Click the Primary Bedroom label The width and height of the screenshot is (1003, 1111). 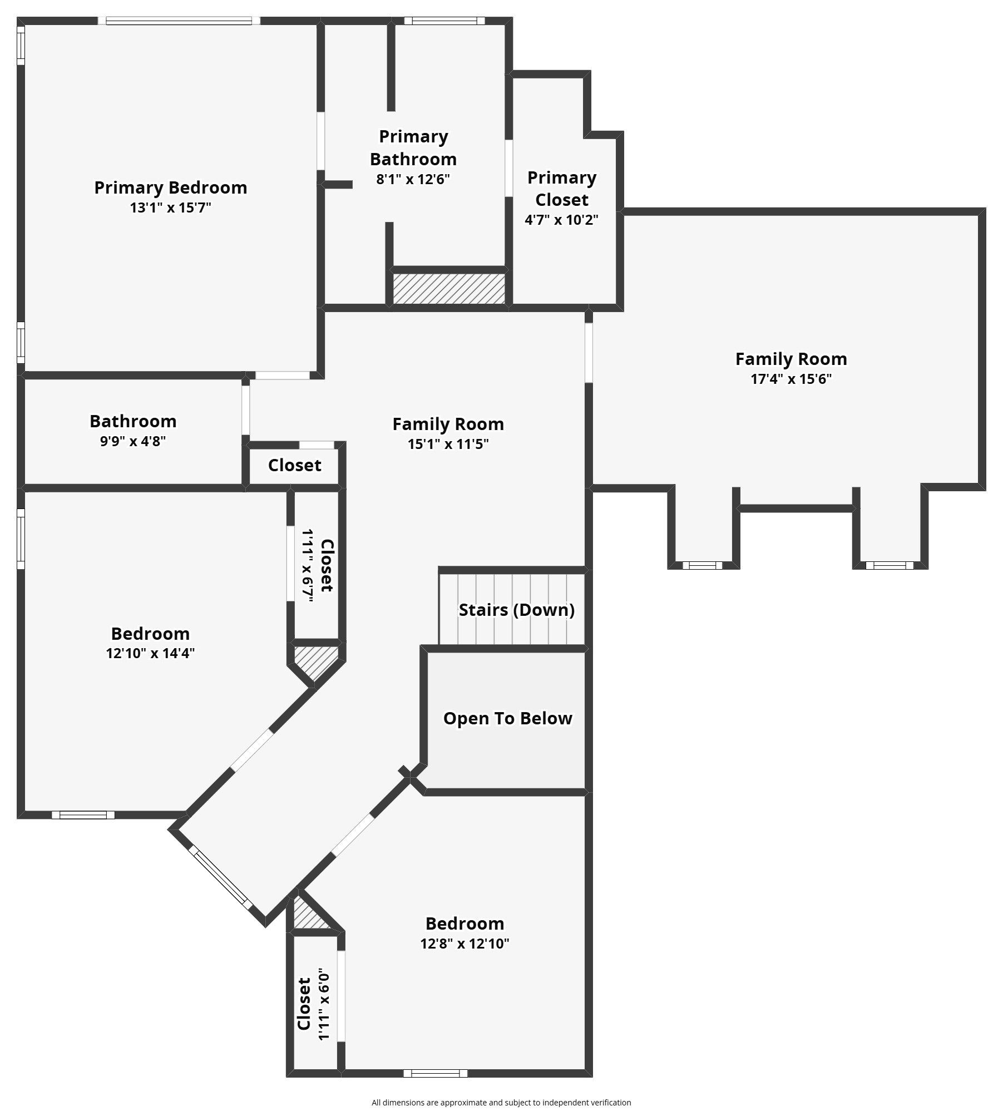coord(170,187)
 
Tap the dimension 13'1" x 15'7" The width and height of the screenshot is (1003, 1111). coord(170,208)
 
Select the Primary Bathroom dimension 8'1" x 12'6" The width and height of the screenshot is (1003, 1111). coord(413,179)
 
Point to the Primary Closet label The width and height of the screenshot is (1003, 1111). coord(562,189)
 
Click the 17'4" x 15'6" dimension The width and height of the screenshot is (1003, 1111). coord(790,379)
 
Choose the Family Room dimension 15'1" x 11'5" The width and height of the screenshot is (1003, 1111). coord(448,444)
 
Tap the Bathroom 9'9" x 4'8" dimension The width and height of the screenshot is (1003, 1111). coord(133,441)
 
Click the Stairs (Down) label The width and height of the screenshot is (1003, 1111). coord(516,610)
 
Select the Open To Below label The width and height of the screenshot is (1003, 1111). coord(507,718)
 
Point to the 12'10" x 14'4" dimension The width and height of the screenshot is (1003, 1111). coord(150,653)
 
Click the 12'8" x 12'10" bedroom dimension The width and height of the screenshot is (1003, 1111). coord(465,944)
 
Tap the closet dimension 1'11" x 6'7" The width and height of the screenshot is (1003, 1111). coord(308,565)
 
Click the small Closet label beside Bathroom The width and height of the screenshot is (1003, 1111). coord(294,465)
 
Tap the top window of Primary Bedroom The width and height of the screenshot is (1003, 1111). coord(179,21)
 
